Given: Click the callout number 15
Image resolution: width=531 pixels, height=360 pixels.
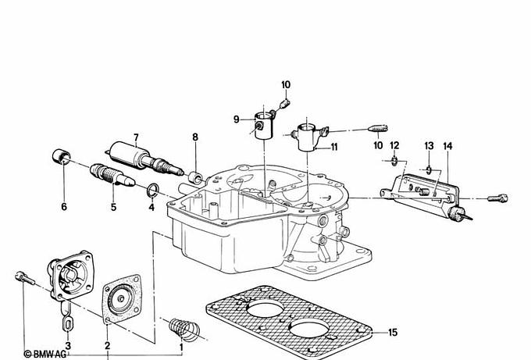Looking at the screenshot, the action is [x=393, y=332].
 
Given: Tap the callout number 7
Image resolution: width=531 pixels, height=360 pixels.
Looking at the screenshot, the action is [x=136, y=137].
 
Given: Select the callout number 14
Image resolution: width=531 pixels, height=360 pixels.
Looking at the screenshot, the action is [x=447, y=146].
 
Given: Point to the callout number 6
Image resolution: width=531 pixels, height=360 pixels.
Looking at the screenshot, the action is [x=64, y=206].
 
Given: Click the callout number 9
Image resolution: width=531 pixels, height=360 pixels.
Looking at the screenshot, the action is [x=236, y=119].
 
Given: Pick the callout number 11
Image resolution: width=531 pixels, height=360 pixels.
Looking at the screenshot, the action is [x=334, y=147].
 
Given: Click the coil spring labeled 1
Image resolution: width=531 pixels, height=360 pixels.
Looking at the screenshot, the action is [x=184, y=330].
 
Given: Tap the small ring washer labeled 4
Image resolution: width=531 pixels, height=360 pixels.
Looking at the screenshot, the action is [x=153, y=190].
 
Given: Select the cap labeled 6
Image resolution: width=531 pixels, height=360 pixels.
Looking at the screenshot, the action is [x=61, y=156].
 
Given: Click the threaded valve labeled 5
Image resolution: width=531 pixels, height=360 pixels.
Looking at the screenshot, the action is [x=112, y=175].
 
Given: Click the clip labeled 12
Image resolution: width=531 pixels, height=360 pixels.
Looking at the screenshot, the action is [x=394, y=161].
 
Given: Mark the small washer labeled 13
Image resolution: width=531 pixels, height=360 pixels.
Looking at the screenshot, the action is [x=429, y=169].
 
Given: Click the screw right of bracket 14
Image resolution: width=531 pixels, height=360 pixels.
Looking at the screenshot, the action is [x=497, y=198].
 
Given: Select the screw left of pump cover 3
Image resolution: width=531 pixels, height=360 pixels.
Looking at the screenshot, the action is [x=25, y=278].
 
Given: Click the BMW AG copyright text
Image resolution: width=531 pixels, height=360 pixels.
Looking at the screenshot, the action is [x=45, y=355].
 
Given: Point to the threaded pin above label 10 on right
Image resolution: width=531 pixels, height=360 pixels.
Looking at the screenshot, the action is [x=378, y=129].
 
